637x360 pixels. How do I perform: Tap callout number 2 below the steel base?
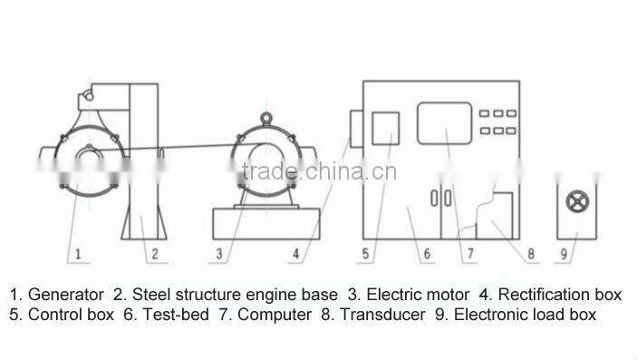point(155,255)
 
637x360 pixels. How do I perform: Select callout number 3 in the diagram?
point(218,255)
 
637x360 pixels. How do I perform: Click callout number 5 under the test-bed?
point(365,255)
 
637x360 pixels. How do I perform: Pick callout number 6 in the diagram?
point(425,255)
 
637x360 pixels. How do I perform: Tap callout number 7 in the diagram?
point(470,255)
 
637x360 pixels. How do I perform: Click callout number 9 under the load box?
point(563,255)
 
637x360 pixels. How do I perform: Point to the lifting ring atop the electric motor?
point(266,116)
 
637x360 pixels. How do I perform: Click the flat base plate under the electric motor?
point(265,220)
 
